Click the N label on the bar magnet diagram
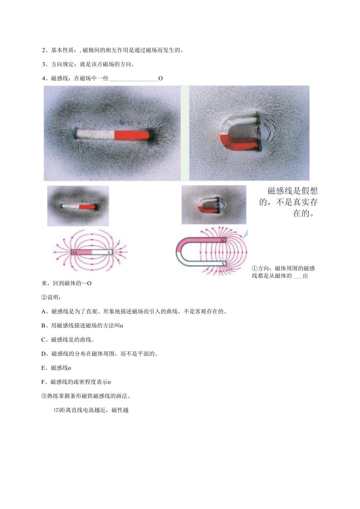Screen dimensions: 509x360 (74, 253)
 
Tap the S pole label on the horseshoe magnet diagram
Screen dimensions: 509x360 (223, 264)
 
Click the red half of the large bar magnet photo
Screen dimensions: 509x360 (131, 135)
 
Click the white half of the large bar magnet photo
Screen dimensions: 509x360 (95, 134)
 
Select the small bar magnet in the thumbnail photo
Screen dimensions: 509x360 (79, 206)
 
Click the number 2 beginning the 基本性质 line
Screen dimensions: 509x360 (43, 50)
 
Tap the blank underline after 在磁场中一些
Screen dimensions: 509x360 (133, 79)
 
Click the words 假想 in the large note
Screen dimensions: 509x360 (309, 191)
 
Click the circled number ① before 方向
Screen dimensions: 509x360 (254, 268)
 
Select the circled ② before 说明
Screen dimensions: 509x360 (44, 297)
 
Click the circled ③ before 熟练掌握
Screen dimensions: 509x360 (44, 396)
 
